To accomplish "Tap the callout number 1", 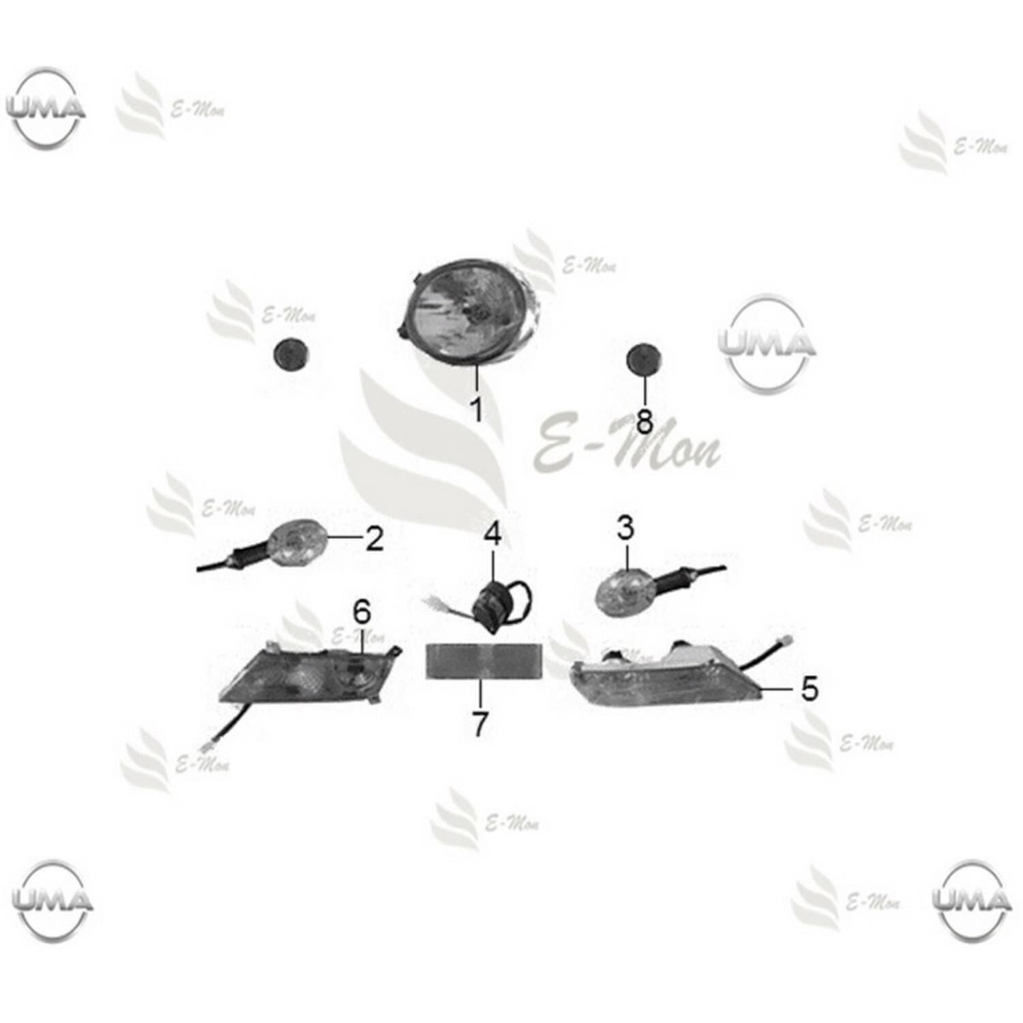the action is [x=477, y=409].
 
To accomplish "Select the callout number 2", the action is [x=374, y=539].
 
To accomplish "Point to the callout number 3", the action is [x=625, y=528].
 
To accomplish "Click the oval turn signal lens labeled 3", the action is [x=625, y=591].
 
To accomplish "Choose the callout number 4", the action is [x=493, y=533].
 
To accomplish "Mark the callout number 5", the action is [x=809, y=689].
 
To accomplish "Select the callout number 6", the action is [x=361, y=612].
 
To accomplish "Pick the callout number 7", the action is [x=480, y=724].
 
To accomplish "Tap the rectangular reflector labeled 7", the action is [x=484, y=661].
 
